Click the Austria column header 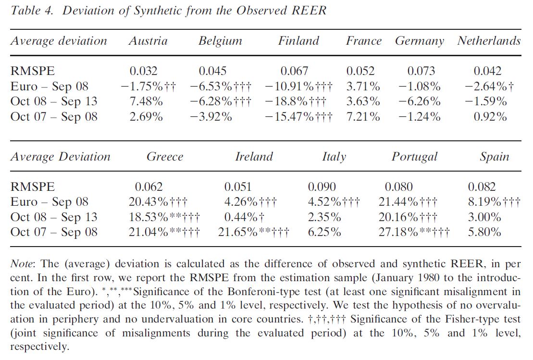pyautogui.click(x=148, y=41)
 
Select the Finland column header pyautogui.click(x=298, y=41)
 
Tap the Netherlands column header pyautogui.click(x=489, y=41)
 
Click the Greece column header pyautogui.click(x=165, y=157)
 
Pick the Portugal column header pyautogui.click(x=414, y=157)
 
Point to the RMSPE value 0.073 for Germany pyautogui.click(x=421, y=71)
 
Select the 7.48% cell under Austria pyautogui.click(x=146, y=101)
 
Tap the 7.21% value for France pyautogui.click(x=363, y=117)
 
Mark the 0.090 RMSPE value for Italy pyautogui.click(x=322, y=186)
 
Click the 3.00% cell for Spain pyautogui.click(x=484, y=217)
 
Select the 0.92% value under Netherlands pyautogui.click(x=490, y=117)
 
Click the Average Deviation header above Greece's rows pyautogui.click(x=60, y=157)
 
